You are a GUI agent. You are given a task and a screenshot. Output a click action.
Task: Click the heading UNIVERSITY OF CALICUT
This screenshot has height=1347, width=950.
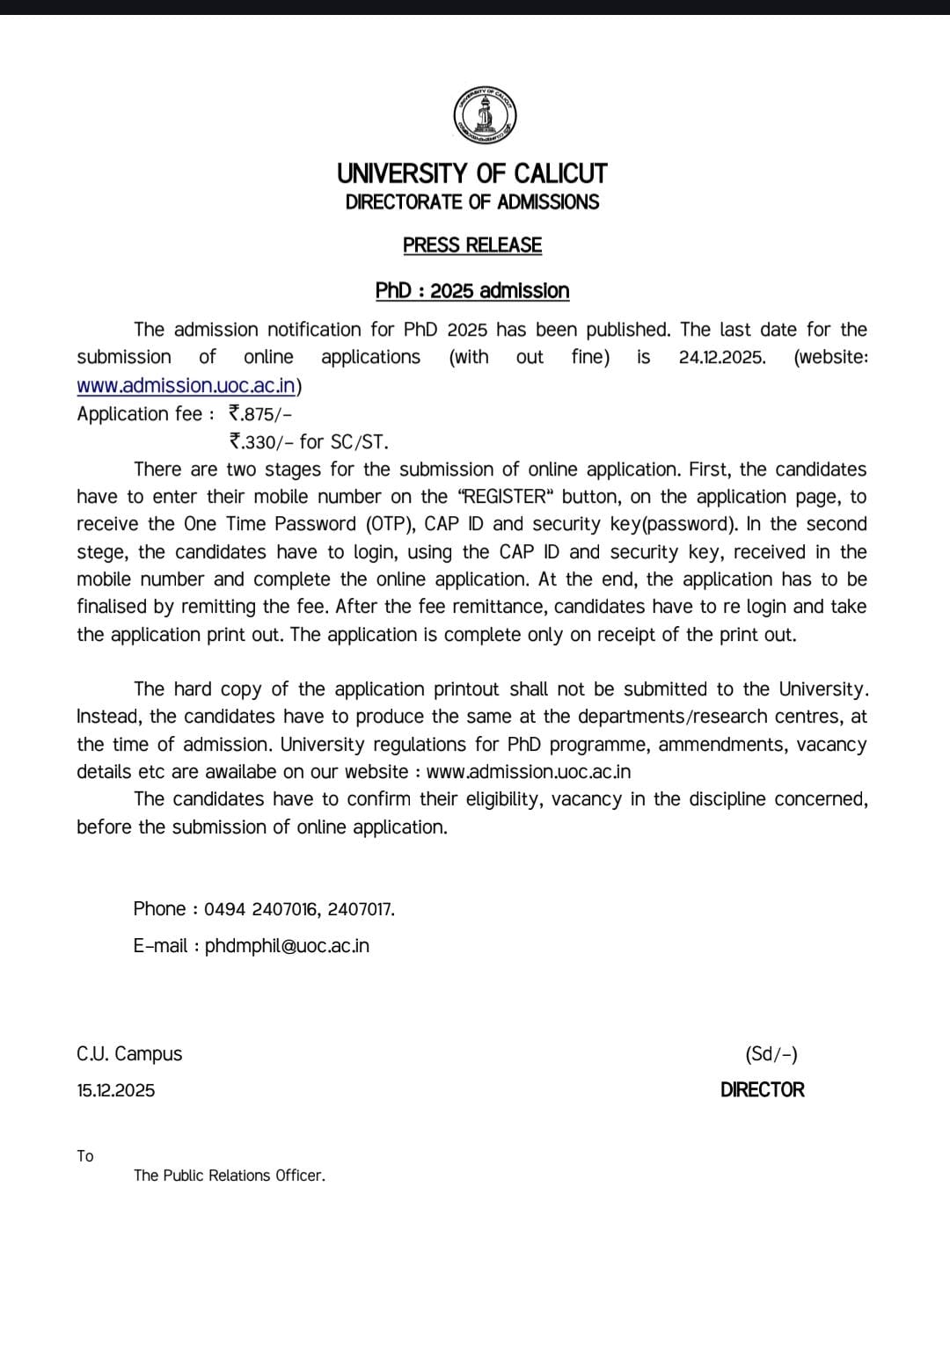(x=472, y=173)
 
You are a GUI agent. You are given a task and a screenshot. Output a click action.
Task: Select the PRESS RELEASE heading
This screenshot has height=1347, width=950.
(x=472, y=245)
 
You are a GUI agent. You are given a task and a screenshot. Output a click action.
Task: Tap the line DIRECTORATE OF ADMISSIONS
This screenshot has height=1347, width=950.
(x=472, y=202)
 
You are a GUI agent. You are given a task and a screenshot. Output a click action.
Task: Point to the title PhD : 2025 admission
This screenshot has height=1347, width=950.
(x=472, y=291)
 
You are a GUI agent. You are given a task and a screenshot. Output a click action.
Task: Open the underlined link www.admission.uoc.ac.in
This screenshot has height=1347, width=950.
(x=186, y=386)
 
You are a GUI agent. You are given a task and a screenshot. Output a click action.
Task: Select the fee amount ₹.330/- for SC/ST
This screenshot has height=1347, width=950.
(x=308, y=442)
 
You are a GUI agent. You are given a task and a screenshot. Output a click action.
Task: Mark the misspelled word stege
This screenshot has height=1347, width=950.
(x=101, y=553)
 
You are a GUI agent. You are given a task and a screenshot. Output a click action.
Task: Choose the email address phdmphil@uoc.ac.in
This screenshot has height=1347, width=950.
(x=287, y=946)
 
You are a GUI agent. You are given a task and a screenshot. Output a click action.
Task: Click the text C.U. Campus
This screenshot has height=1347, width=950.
(x=129, y=1054)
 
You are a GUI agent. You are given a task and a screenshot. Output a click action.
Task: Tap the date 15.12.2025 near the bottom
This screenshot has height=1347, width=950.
(x=115, y=1091)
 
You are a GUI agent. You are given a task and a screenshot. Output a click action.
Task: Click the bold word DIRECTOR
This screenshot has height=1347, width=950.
(x=762, y=1090)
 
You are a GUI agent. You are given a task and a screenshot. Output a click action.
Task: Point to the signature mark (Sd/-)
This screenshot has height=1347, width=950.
(x=771, y=1054)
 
